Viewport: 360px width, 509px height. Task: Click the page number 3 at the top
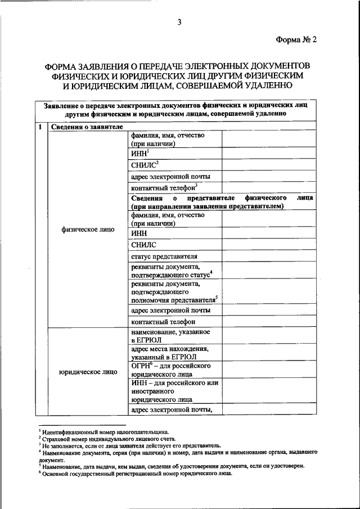(178, 22)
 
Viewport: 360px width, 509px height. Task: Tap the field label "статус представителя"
(164, 256)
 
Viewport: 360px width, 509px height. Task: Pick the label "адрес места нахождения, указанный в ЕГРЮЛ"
(167, 353)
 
